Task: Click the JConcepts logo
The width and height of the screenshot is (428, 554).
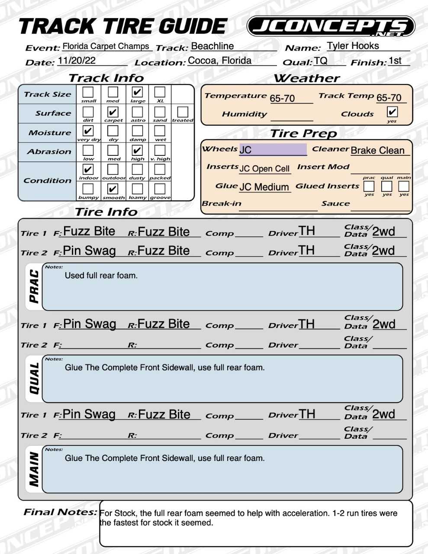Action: point(331,27)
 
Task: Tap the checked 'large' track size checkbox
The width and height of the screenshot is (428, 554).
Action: point(137,92)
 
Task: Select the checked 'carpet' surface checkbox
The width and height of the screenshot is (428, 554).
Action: point(113,112)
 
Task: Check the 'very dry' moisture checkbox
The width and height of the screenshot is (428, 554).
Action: point(88,131)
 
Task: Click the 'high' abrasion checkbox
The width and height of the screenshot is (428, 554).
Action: point(137,150)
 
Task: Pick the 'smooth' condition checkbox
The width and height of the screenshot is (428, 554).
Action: point(113,189)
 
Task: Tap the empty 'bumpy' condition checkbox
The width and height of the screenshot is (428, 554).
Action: point(88,189)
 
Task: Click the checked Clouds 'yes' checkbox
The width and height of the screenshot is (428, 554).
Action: point(392,112)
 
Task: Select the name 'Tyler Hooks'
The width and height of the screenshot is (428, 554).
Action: point(353,46)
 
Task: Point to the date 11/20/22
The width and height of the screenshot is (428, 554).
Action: point(77,61)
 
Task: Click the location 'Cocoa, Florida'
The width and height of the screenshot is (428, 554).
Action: point(219,61)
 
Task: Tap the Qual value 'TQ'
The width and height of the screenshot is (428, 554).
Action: point(321,61)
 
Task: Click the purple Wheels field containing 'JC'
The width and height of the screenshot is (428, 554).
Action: point(273,150)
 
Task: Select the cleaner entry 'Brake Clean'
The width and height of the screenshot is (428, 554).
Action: point(377,150)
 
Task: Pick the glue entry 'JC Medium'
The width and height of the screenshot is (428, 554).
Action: point(264,187)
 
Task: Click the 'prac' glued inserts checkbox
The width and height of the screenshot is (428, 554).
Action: point(369,186)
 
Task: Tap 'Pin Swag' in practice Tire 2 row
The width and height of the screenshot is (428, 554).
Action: point(89,251)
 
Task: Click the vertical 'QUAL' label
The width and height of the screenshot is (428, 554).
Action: point(34,378)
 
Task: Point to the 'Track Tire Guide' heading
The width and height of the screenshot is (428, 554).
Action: point(123,27)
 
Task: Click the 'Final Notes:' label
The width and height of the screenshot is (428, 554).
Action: point(60,512)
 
